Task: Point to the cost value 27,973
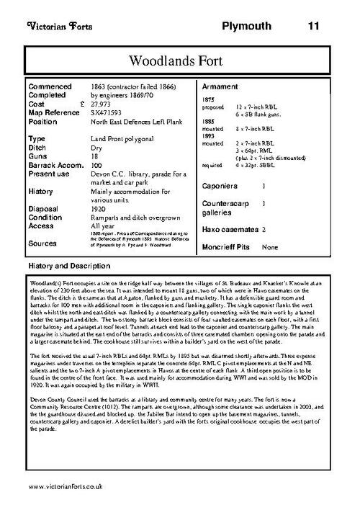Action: [x=102, y=104]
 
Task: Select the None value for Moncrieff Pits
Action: [x=270, y=247]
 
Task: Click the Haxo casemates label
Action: [x=229, y=230]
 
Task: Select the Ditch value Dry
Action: [x=96, y=147]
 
